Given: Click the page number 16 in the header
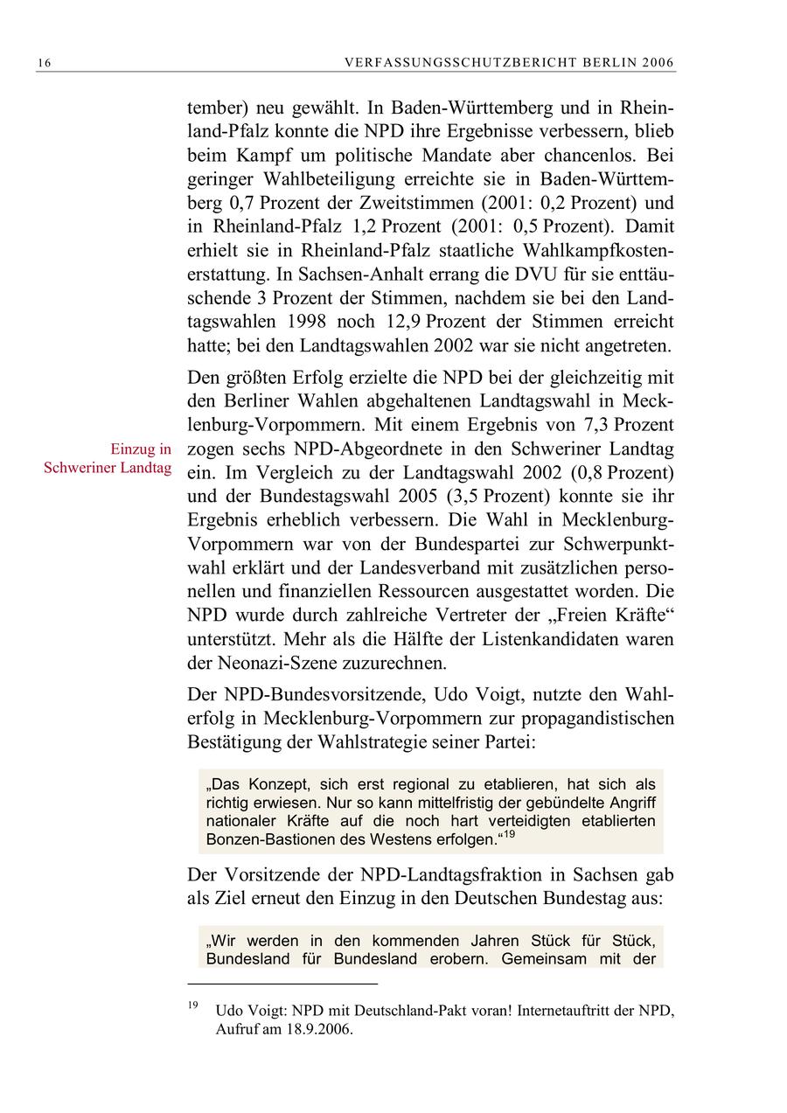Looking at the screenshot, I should coord(45,63).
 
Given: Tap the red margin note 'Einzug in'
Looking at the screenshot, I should coord(141,449).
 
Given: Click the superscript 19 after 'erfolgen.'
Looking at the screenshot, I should coord(507,834).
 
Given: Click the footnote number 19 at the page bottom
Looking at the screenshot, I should coord(193,1005).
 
